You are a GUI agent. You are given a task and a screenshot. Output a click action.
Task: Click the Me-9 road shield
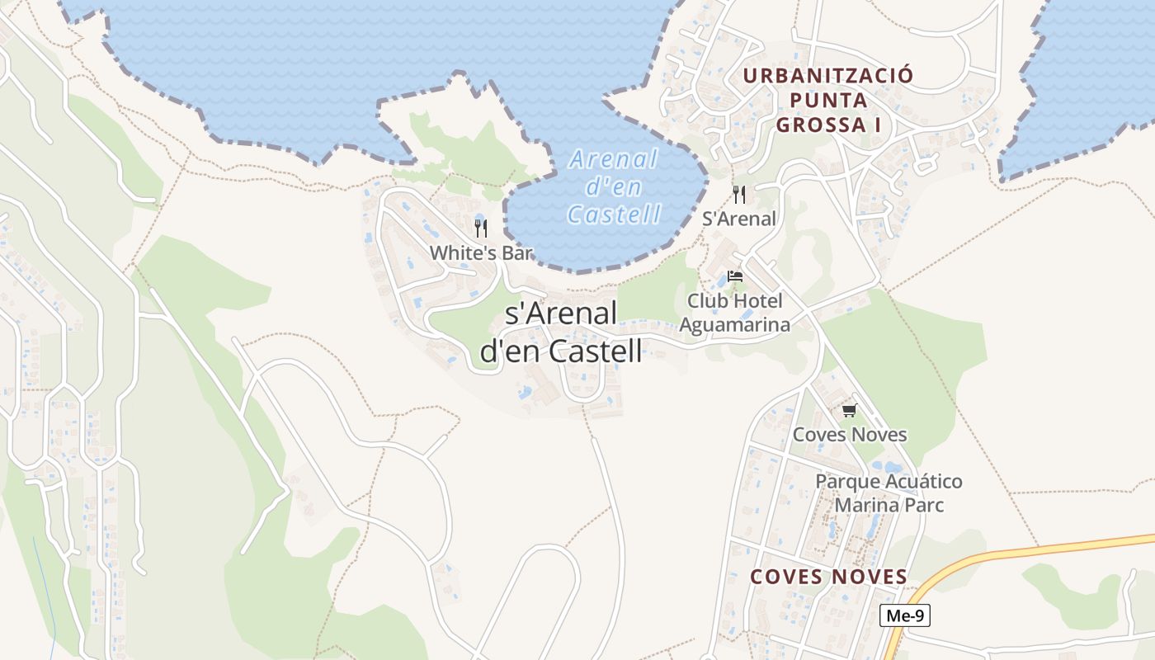tap(905, 615)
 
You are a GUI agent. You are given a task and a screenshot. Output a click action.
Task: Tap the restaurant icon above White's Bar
tap(481, 229)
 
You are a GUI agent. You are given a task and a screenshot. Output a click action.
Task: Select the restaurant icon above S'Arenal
tap(739, 195)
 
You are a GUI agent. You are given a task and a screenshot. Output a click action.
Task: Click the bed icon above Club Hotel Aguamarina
tap(735, 276)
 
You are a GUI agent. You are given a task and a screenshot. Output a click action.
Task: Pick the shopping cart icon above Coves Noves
tap(849, 410)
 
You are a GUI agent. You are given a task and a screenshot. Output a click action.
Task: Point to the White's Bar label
tap(481, 252)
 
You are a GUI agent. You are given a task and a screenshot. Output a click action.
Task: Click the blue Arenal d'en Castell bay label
tap(615, 186)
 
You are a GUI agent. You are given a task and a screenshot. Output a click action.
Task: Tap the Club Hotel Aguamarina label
tap(734, 313)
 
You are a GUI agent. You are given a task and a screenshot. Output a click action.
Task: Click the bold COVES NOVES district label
tap(828, 577)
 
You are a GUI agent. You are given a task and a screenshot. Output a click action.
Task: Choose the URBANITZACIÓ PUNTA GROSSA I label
tap(828, 101)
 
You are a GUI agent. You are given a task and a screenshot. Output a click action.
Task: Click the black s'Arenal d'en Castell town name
tap(561, 332)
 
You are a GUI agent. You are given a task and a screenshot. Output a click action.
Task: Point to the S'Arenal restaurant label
tap(739, 219)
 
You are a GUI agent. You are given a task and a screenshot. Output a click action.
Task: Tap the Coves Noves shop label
tap(849, 434)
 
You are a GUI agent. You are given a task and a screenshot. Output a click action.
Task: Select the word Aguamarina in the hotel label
tap(734, 324)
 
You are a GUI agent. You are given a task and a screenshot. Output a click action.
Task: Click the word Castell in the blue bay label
tap(615, 214)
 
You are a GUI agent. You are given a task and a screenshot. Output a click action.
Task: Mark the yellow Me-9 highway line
tap(1031, 549)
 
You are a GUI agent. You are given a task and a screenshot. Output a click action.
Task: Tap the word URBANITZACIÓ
tap(828, 76)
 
